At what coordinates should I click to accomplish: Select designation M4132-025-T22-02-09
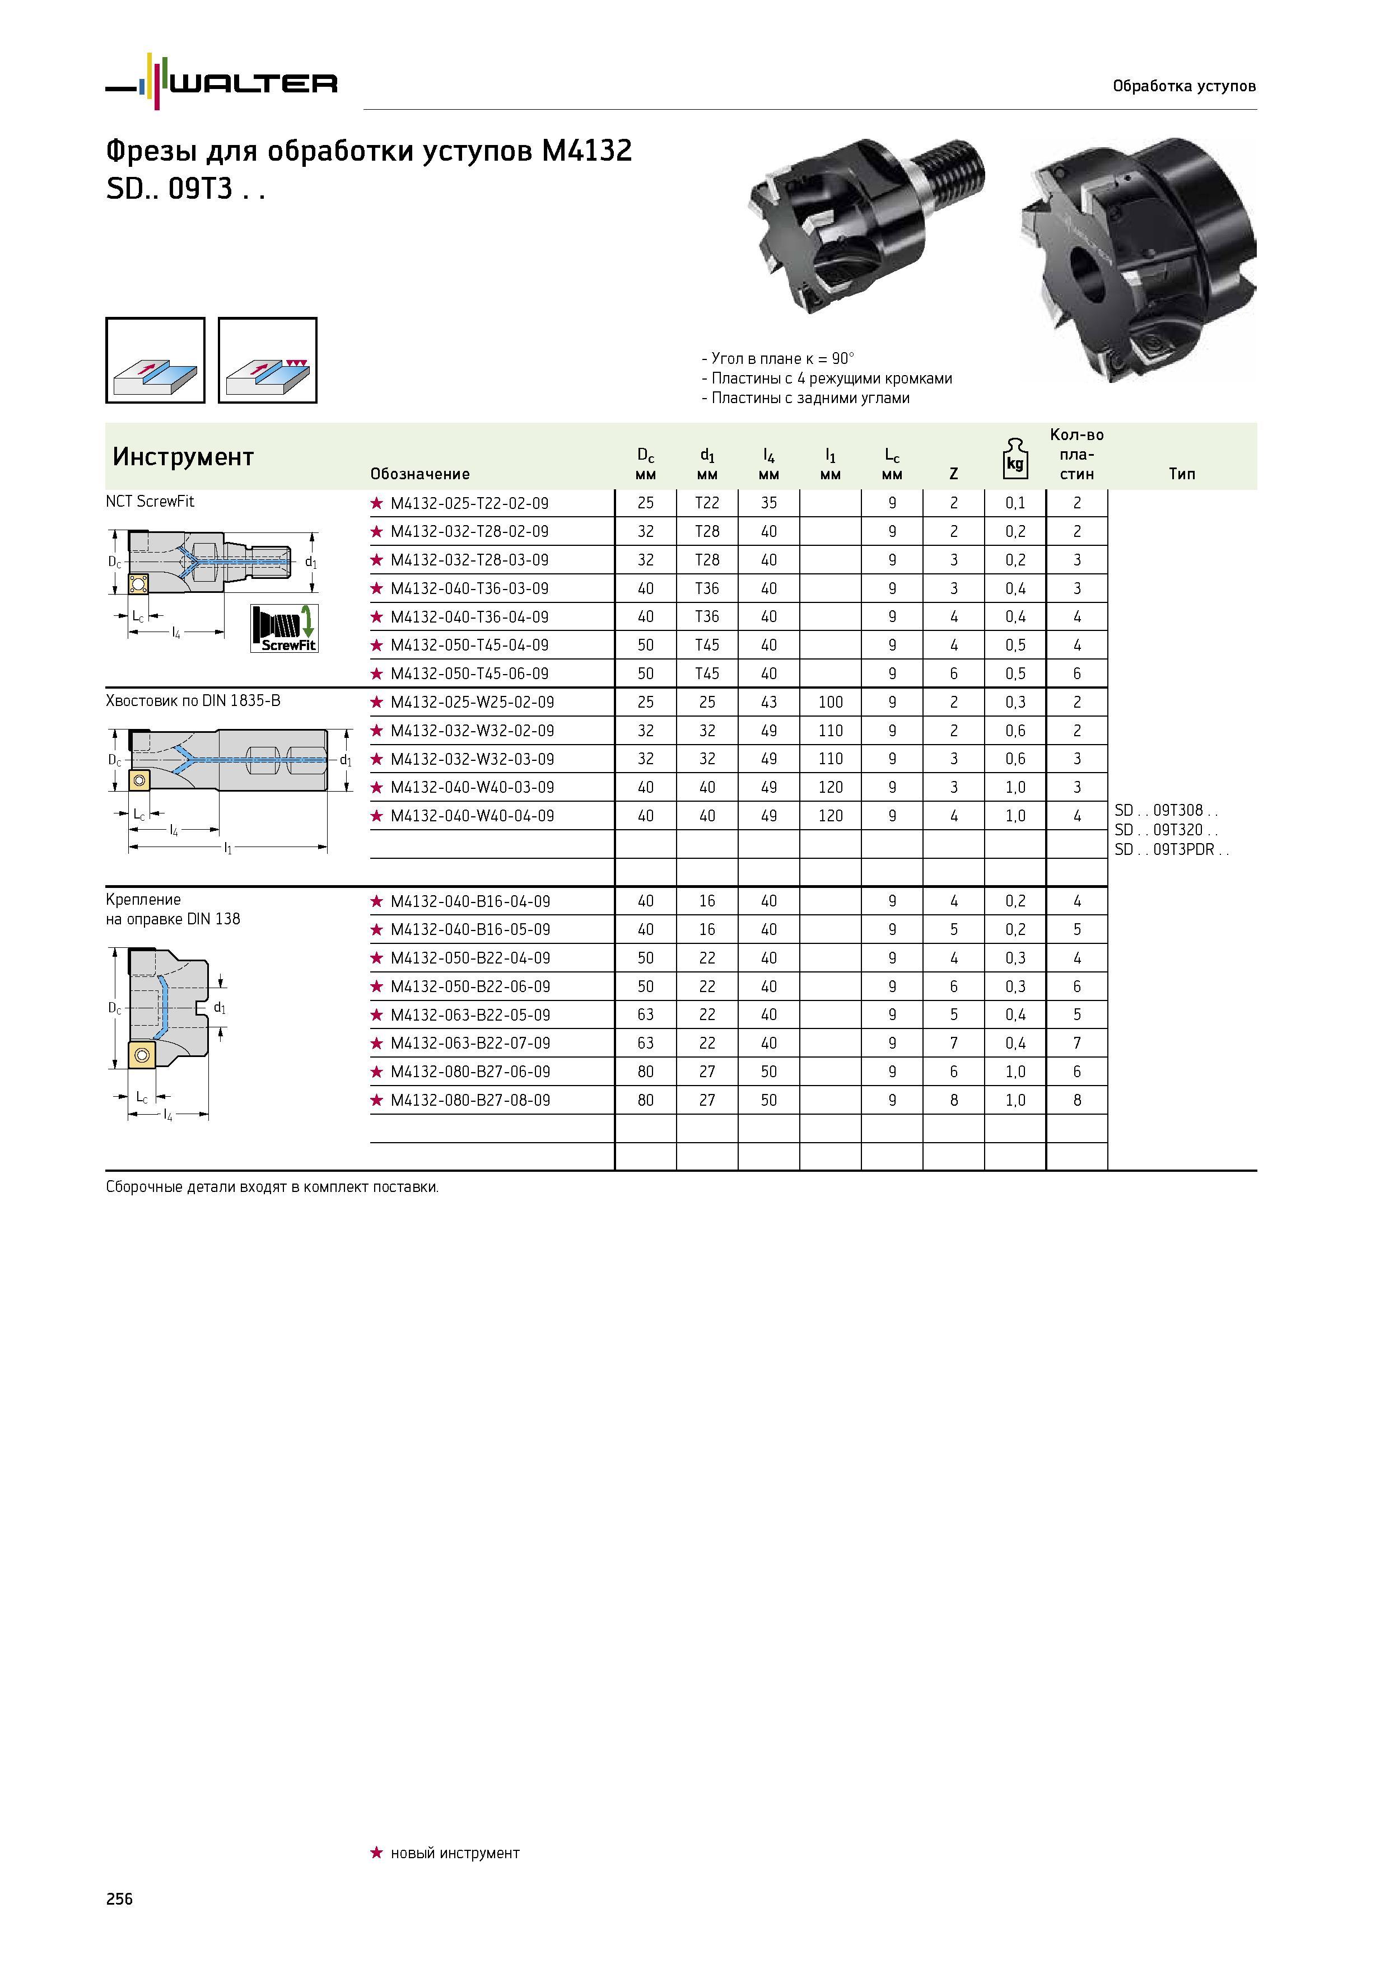pyautogui.click(x=469, y=503)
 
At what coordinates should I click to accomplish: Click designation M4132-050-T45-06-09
pyautogui.click(x=469, y=673)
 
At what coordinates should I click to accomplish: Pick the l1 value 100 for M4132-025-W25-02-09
pyautogui.click(x=830, y=702)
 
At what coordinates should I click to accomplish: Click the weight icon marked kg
pyautogui.click(x=1015, y=459)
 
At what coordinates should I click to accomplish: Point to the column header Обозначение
pyautogui.click(x=420, y=474)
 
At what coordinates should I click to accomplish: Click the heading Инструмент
pyautogui.click(x=183, y=457)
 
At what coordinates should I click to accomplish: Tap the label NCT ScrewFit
pyautogui.click(x=150, y=501)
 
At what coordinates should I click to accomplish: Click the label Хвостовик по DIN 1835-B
pyautogui.click(x=193, y=700)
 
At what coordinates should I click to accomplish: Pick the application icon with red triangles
pyautogui.click(x=268, y=360)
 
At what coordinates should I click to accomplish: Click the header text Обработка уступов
pyautogui.click(x=1185, y=86)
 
